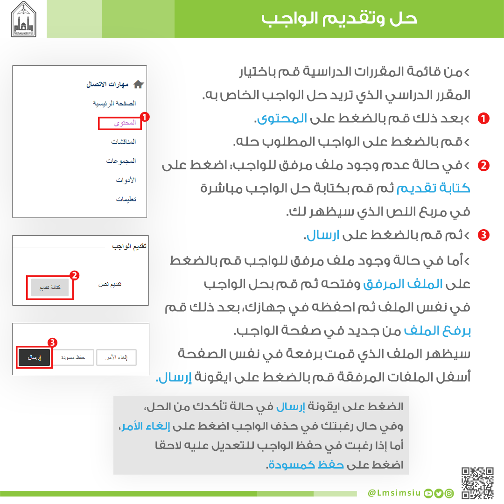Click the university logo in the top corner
pyautogui.click(x=23, y=19)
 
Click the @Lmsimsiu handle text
pyautogui.click(x=394, y=493)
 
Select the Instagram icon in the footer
pyautogui.click(x=449, y=493)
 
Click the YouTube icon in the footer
pyautogui.click(x=428, y=493)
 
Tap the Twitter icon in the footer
pyautogui.click(x=439, y=493)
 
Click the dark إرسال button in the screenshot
pyautogui.click(x=34, y=357)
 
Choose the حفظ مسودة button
pyautogui.click(x=72, y=357)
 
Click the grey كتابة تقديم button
pyautogui.click(x=50, y=287)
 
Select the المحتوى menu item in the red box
pyautogui.click(x=125, y=123)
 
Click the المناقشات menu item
pyautogui.click(x=124, y=141)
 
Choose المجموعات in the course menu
pyautogui.click(x=121, y=161)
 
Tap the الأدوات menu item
pyautogui.click(x=126, y=180)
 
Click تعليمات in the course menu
pyautogui.click(x=126, y=199)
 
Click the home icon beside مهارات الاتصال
pyautogui.click(x=139, y=84)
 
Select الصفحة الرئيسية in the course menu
pyautogui.click(x=114, y=103)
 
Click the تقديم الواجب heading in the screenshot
pyautogui.click(x=129, y=246)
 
